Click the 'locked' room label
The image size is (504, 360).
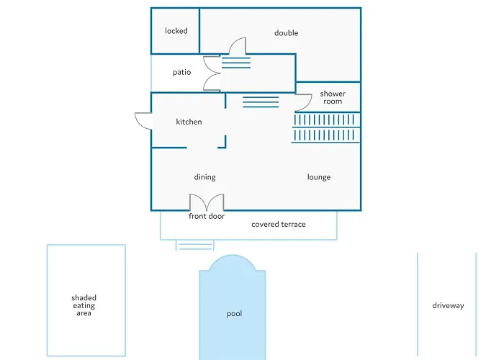click(176, 31)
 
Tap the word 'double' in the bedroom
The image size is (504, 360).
click(286, 33)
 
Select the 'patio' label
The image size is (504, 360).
click(181, 72)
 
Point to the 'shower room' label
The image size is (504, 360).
click(333, 98)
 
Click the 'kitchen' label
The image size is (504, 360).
click(189, 122)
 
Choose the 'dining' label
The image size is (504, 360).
click(204, 177)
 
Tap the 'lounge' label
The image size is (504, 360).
click(319, 177)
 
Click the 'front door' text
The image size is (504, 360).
click(207, 216)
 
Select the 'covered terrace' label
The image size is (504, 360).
click(278, 225)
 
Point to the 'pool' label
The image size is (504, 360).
click(234, 314)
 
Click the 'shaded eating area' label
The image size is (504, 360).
click(84, 305)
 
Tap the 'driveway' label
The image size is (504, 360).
click(448, 306)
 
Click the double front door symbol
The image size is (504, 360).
click(207, 202)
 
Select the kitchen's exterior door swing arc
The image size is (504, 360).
click(142, 120)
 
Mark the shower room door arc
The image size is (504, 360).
click(302, 102)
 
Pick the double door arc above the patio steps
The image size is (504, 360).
click(238, 46)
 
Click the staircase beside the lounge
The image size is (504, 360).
click(325, 128)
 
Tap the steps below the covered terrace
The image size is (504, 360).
click(195, 245)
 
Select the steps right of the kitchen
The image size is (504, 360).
click(261, 102)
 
